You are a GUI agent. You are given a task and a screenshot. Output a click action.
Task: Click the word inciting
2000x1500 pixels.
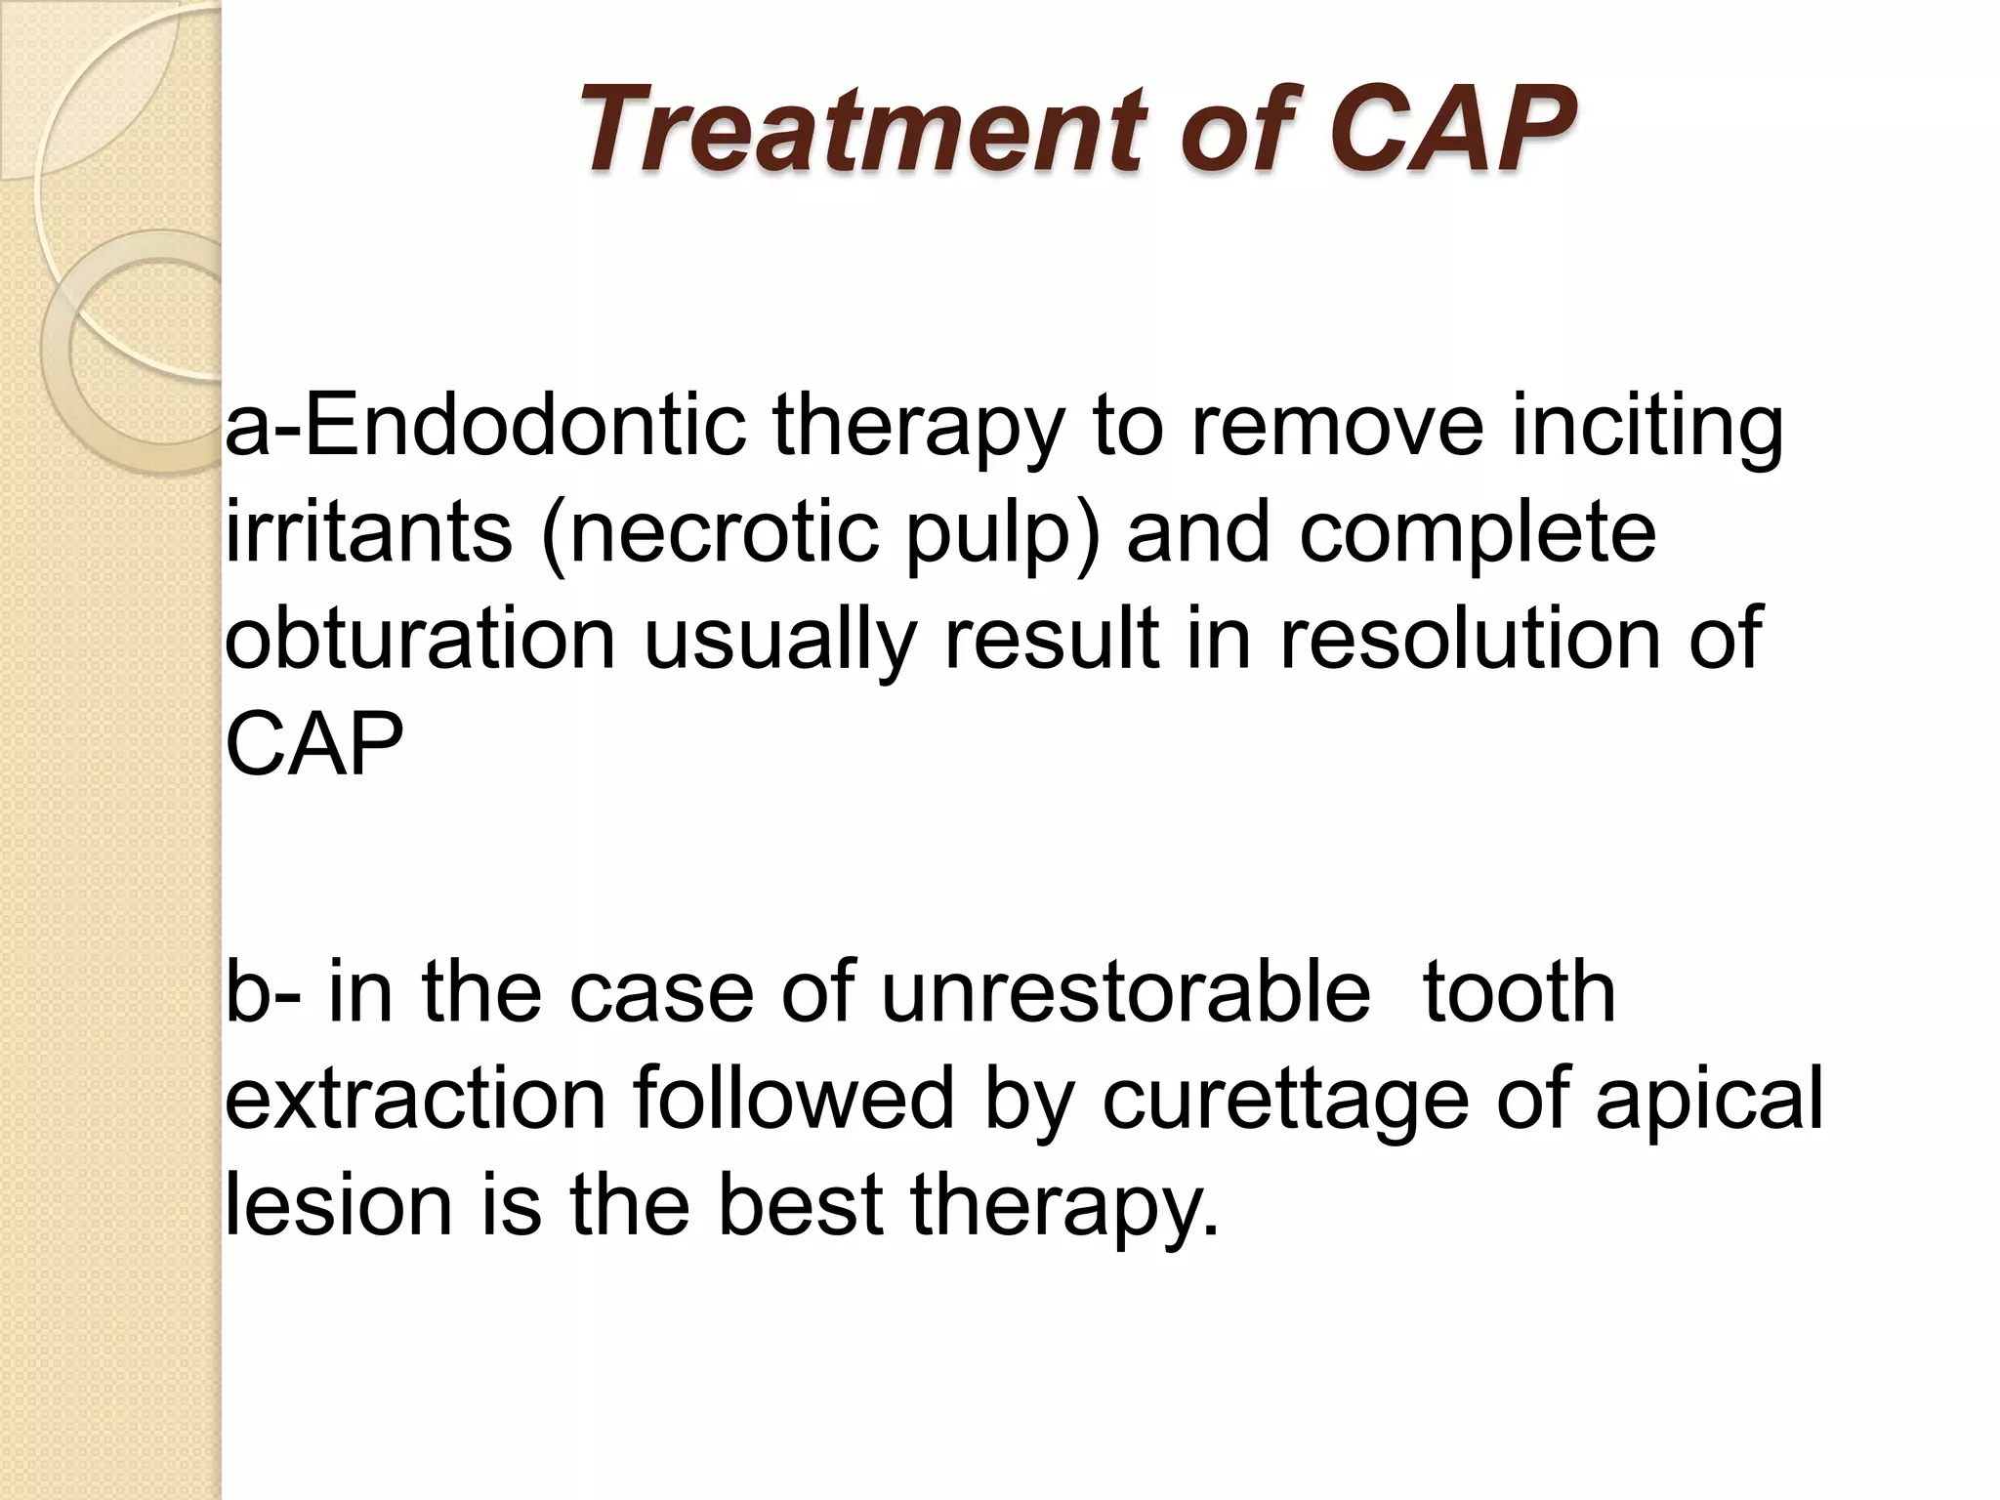(x=1647, y=430)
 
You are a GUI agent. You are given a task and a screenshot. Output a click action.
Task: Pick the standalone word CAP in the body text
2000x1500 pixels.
(x=313, y=745)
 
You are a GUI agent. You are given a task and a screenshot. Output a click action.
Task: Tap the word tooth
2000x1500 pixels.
(x=1519, y=992)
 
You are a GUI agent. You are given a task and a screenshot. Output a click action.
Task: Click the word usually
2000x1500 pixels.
(x=778, y=642)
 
